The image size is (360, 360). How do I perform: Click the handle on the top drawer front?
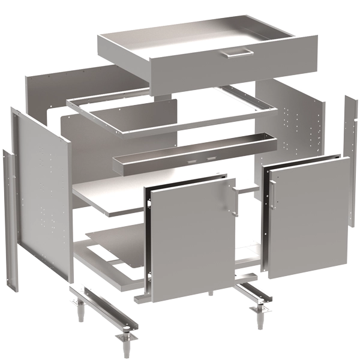[x=236, y=54]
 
